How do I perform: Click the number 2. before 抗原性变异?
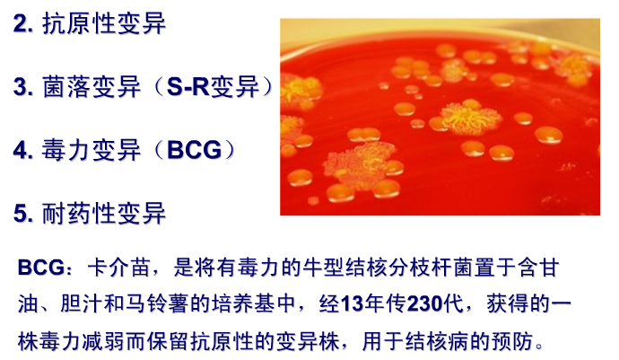[x=23, y=23]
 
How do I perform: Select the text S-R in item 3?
[x=187, y=86]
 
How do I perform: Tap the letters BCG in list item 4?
[x=195, y=150]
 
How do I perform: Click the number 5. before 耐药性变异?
[x=23, y=214]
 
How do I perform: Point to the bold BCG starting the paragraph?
[x=41, y=268]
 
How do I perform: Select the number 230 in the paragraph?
[x=424, y=303]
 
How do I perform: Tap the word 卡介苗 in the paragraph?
[x=118, y=268]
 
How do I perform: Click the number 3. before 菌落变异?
[x=23, y=86]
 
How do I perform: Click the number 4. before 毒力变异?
[x=23, y=150]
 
